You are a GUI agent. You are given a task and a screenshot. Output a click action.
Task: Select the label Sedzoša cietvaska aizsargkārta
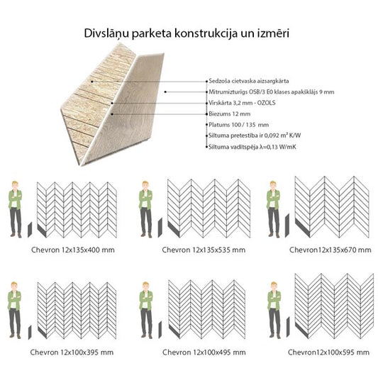pyautogui.click(x=248, y=81)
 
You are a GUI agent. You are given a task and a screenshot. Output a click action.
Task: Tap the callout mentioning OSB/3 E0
pyautogui.click(x=272, y=92)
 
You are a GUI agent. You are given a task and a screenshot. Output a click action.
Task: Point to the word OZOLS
pyautogui.click(x=266, y=103)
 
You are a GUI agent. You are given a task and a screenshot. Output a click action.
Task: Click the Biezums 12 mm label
pyautogui.click(x=230, y=113)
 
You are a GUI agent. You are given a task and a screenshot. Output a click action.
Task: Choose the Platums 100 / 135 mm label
pyautogui.click(x=239, y=125)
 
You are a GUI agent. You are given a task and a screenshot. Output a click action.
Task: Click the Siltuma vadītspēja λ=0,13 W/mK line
pyautogui.click(x=252, y=147)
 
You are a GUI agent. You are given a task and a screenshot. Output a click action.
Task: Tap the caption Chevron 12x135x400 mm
pyautogui.click(x=73, y=250)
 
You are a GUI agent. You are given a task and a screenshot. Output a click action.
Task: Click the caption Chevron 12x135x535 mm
pyautogui.click(x=204, y=250)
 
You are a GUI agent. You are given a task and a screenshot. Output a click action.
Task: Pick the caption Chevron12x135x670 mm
pyautogui.click(x=330, y=250)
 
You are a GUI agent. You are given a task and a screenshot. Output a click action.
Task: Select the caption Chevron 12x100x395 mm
pyautogui.click(x=72, y=352)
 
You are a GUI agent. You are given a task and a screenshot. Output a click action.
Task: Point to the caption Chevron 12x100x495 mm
pyautogui.click(x=204, y=352)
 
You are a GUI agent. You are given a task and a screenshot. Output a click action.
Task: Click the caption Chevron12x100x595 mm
pyautogui.click(x=328, y=352)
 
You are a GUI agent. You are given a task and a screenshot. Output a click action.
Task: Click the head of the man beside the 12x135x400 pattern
pyautogui.click(x=15, y=185)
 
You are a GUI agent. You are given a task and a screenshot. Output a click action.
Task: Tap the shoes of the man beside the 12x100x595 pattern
pyautogui.click(x=275, y=336)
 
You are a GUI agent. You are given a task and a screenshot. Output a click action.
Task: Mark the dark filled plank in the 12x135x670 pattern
pyautogui.click(x=302, y=228)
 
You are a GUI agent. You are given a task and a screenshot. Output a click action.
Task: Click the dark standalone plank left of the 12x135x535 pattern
pyautogui.click(x=160, y=228)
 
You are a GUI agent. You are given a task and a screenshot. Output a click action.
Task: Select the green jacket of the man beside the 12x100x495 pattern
pyautogui.click(x=146, y=300)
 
